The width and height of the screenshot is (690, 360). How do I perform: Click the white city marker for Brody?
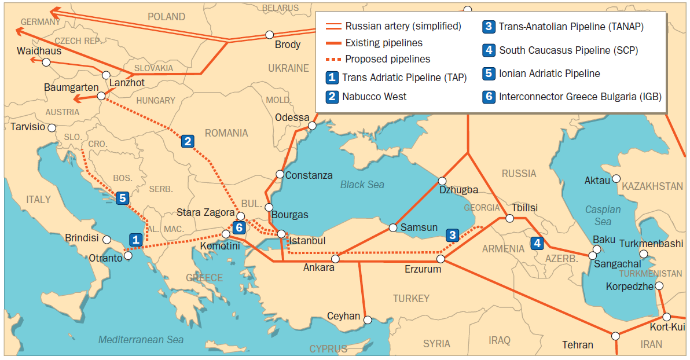pyautogui.click(x=269, y=35)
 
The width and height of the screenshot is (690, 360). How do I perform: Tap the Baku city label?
pyautogui.click(x=604, y=240)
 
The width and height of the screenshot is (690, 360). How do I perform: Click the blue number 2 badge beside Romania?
pyautogui.click(x=187, y=141)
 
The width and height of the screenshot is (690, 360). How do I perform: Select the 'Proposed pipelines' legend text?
pyautogui.click(x=387, y=59)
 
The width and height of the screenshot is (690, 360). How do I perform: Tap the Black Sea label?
pyautogui.click(x=362, y=185)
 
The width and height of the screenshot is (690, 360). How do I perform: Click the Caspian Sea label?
pyautogui.click(x=603, y=215)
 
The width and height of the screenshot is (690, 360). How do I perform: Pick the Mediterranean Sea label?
pyautogui.click(x=141, y=340)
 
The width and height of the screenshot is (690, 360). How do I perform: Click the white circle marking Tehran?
pyautogui.click(x=615, y=336)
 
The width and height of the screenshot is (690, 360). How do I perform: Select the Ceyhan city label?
pyautogui.click(x=343, y=317)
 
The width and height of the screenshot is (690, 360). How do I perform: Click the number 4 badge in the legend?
pyautogui.click(x=489, y=50)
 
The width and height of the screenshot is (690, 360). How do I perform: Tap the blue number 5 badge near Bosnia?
pyautogui.click(x=122, y=198)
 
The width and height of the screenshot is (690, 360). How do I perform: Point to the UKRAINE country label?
pyautogui.click(x=288, y=68)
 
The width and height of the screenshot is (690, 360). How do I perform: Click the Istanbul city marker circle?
pyautogui.click(x=281, y=234)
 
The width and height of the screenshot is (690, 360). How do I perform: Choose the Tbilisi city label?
pyautogui.click(x=524, y=208)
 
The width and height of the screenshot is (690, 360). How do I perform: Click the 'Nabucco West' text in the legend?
pyautogui.click(x=375, y=97)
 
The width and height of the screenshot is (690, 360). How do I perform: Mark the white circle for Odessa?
pyautogui.click(x=312, y=126)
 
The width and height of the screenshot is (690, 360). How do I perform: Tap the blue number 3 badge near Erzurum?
pyautogui.click(x=452, y=235)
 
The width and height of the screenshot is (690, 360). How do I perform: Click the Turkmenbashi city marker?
pyautogui.click(x=644, y=254)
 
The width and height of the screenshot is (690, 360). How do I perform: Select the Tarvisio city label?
pyautogui.click(x=27, y=127)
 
